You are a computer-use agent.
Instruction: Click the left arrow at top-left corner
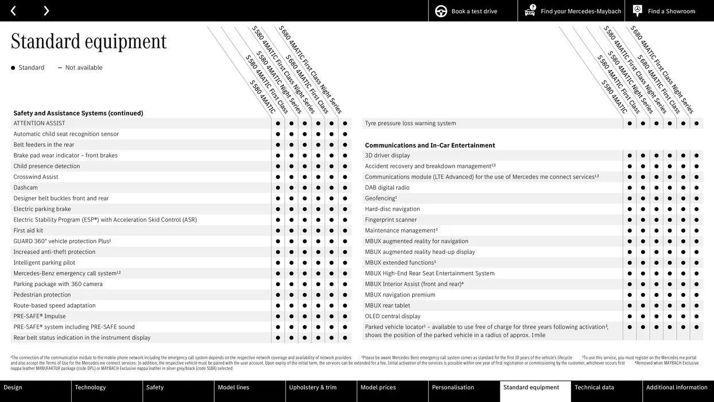click(x=13, y=10)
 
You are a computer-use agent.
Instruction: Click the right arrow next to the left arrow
click(x=46, y=10)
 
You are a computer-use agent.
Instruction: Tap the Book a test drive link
click(x=467, y=11)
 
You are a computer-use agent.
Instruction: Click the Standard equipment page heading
click(x=89, y=41)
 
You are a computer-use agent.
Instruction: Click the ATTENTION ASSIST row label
click(x=40, y=123)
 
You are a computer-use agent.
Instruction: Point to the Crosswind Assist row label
click(x=36, y=177)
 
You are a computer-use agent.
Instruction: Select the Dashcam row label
click(x=26, y=188)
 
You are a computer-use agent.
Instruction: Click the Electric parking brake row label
click(x=42, y=209)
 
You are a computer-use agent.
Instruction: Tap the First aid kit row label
click(x=28, y=230)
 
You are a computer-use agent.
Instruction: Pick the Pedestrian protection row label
click(x=42, y=295)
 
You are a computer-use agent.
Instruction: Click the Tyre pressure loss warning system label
click(x=410, y=123)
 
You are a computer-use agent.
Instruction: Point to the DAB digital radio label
click(x=387, y=188)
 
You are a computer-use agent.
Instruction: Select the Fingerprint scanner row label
click(x=391, y=220)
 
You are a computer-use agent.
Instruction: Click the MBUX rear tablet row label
click(x=387, y=306)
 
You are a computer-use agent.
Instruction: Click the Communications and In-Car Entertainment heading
click(x=430, y=145)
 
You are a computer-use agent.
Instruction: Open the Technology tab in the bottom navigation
click(x=91, y=388)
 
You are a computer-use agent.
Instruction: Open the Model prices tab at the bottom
click(x=378, y=388)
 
